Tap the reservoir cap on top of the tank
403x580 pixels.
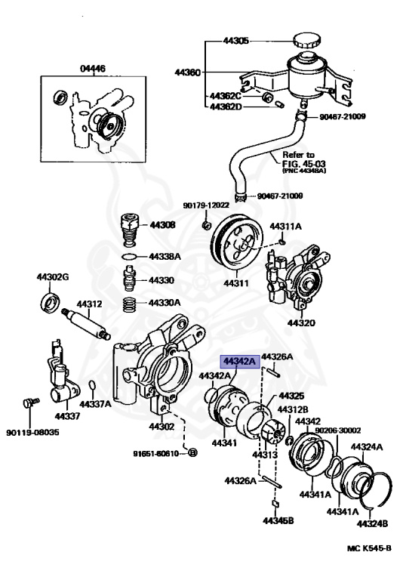306,42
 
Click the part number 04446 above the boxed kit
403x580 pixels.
94,69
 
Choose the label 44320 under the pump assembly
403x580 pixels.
298,323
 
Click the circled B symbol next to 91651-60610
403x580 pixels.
192,452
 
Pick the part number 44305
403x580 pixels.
235,41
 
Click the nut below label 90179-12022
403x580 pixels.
206,225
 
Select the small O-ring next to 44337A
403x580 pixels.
91,387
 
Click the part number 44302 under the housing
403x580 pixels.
162,427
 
